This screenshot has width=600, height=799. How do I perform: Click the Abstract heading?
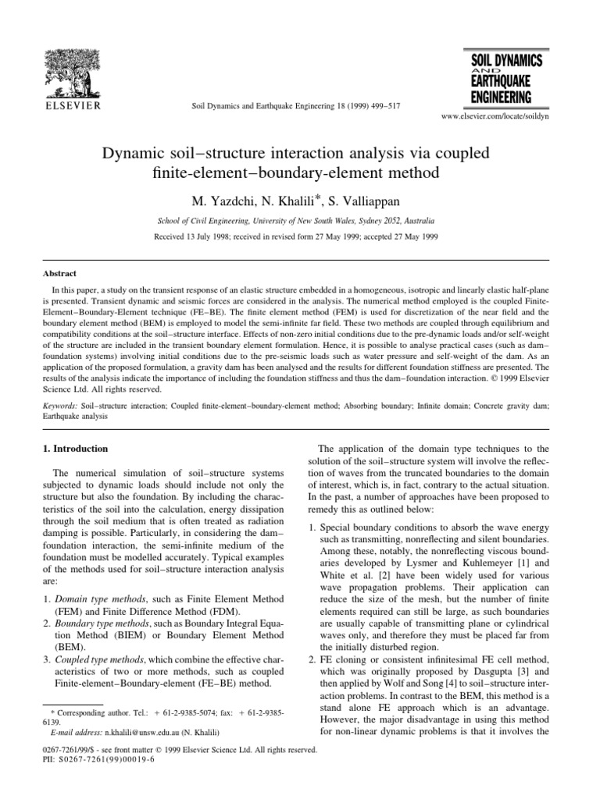61,273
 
